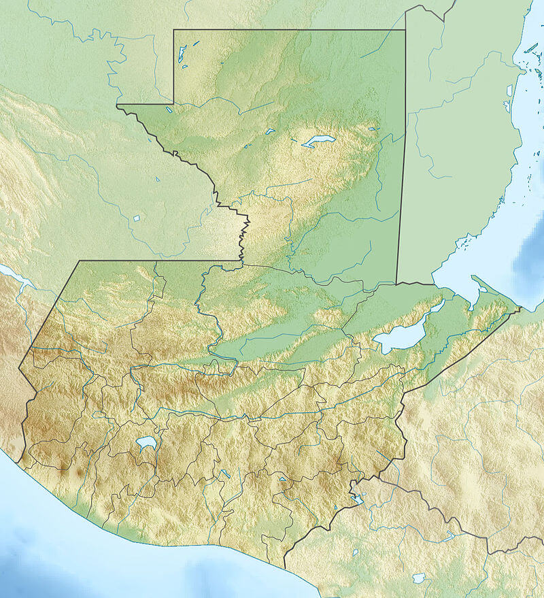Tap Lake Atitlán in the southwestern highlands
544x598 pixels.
coord(146,444)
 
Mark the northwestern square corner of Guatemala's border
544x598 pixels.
coord(174,30)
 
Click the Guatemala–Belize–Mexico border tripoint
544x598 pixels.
coord(406,29)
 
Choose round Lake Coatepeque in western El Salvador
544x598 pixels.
coord(355,552)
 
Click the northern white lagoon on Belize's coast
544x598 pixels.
coord(509,89)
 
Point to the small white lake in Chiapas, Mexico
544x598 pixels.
coord(137,218)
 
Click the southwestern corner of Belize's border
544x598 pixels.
coord(397,283)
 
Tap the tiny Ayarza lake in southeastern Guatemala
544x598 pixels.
coord(283,480)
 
